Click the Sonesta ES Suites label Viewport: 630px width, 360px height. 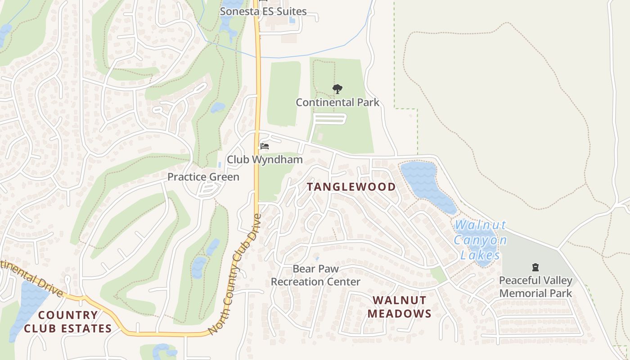(x=263, y=11)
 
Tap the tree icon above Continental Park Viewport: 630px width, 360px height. (x=337, y=89)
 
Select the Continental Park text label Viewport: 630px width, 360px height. (x=337, y=103)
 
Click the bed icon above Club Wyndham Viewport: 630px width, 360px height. (x=265, y=146)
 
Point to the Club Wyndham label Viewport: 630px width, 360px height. (x=265, y=159)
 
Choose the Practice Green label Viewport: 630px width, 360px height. (x=203, y=177)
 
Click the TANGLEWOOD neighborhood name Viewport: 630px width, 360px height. (x=351, y=187)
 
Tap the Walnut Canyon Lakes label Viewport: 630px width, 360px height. (x=480, y=240)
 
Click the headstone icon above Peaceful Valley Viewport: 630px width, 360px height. (x=535, y=268)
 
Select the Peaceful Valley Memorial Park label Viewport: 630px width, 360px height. (x=535, y=287)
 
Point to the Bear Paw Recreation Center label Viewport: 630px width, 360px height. (x=315, y=275)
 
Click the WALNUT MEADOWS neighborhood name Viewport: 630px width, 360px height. (x=399, y=307)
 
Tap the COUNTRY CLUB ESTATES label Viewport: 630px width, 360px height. (x=67, y=322)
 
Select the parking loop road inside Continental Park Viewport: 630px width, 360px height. (x=331, y=119)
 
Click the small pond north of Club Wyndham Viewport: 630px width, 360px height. (x=218, y=108)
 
